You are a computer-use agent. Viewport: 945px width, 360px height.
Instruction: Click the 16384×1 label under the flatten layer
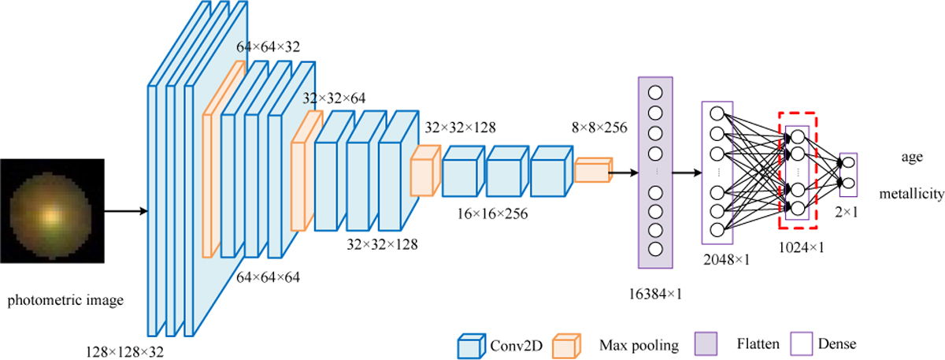click(x=656, y=294)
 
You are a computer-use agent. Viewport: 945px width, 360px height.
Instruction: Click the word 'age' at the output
click(x=912, y=157)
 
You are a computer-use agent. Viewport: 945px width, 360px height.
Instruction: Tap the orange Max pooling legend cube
click(x=567, y=343)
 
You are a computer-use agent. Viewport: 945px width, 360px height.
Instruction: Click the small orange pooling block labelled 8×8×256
click(x=593, y=169)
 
